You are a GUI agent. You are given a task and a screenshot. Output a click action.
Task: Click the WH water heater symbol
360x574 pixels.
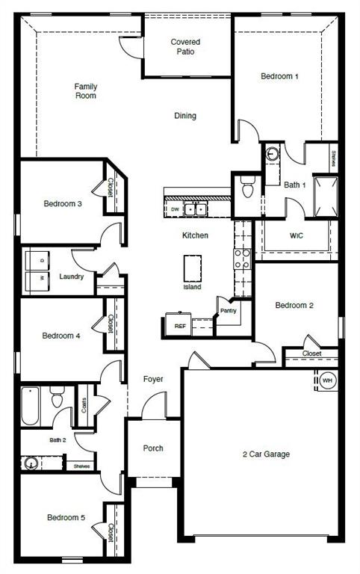[x=327, y=381]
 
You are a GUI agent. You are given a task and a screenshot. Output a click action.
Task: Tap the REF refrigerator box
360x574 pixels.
[x=180, y=326]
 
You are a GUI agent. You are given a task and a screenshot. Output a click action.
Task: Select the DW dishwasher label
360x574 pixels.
[x=175, y=209]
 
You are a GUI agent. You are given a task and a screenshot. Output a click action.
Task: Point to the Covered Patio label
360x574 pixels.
[x=185, y=47]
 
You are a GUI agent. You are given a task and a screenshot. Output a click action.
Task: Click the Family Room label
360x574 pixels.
[x=85, y=91]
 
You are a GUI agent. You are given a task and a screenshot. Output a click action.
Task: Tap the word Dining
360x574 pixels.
[x=185, y=116]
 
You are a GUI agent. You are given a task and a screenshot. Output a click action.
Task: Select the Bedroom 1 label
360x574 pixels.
[x=279, y=76]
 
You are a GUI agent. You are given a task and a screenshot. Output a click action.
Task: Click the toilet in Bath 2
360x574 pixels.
[x=57, y=397]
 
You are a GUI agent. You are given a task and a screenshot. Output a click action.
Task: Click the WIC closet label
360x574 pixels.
[x=296, y=236]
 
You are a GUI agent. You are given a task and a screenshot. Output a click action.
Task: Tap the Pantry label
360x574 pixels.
[x=228, y=310]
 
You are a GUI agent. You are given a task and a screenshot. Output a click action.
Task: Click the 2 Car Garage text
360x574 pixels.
[x=266, y=454]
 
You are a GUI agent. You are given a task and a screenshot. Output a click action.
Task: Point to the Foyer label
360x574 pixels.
[x=153, y=380]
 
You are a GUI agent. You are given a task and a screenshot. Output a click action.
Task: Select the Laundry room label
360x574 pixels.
[x=72, y=277]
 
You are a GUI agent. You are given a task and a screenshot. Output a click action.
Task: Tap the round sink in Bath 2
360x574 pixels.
[x=32, y=463]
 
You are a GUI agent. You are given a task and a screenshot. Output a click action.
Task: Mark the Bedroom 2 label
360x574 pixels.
[x=294, y=305]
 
